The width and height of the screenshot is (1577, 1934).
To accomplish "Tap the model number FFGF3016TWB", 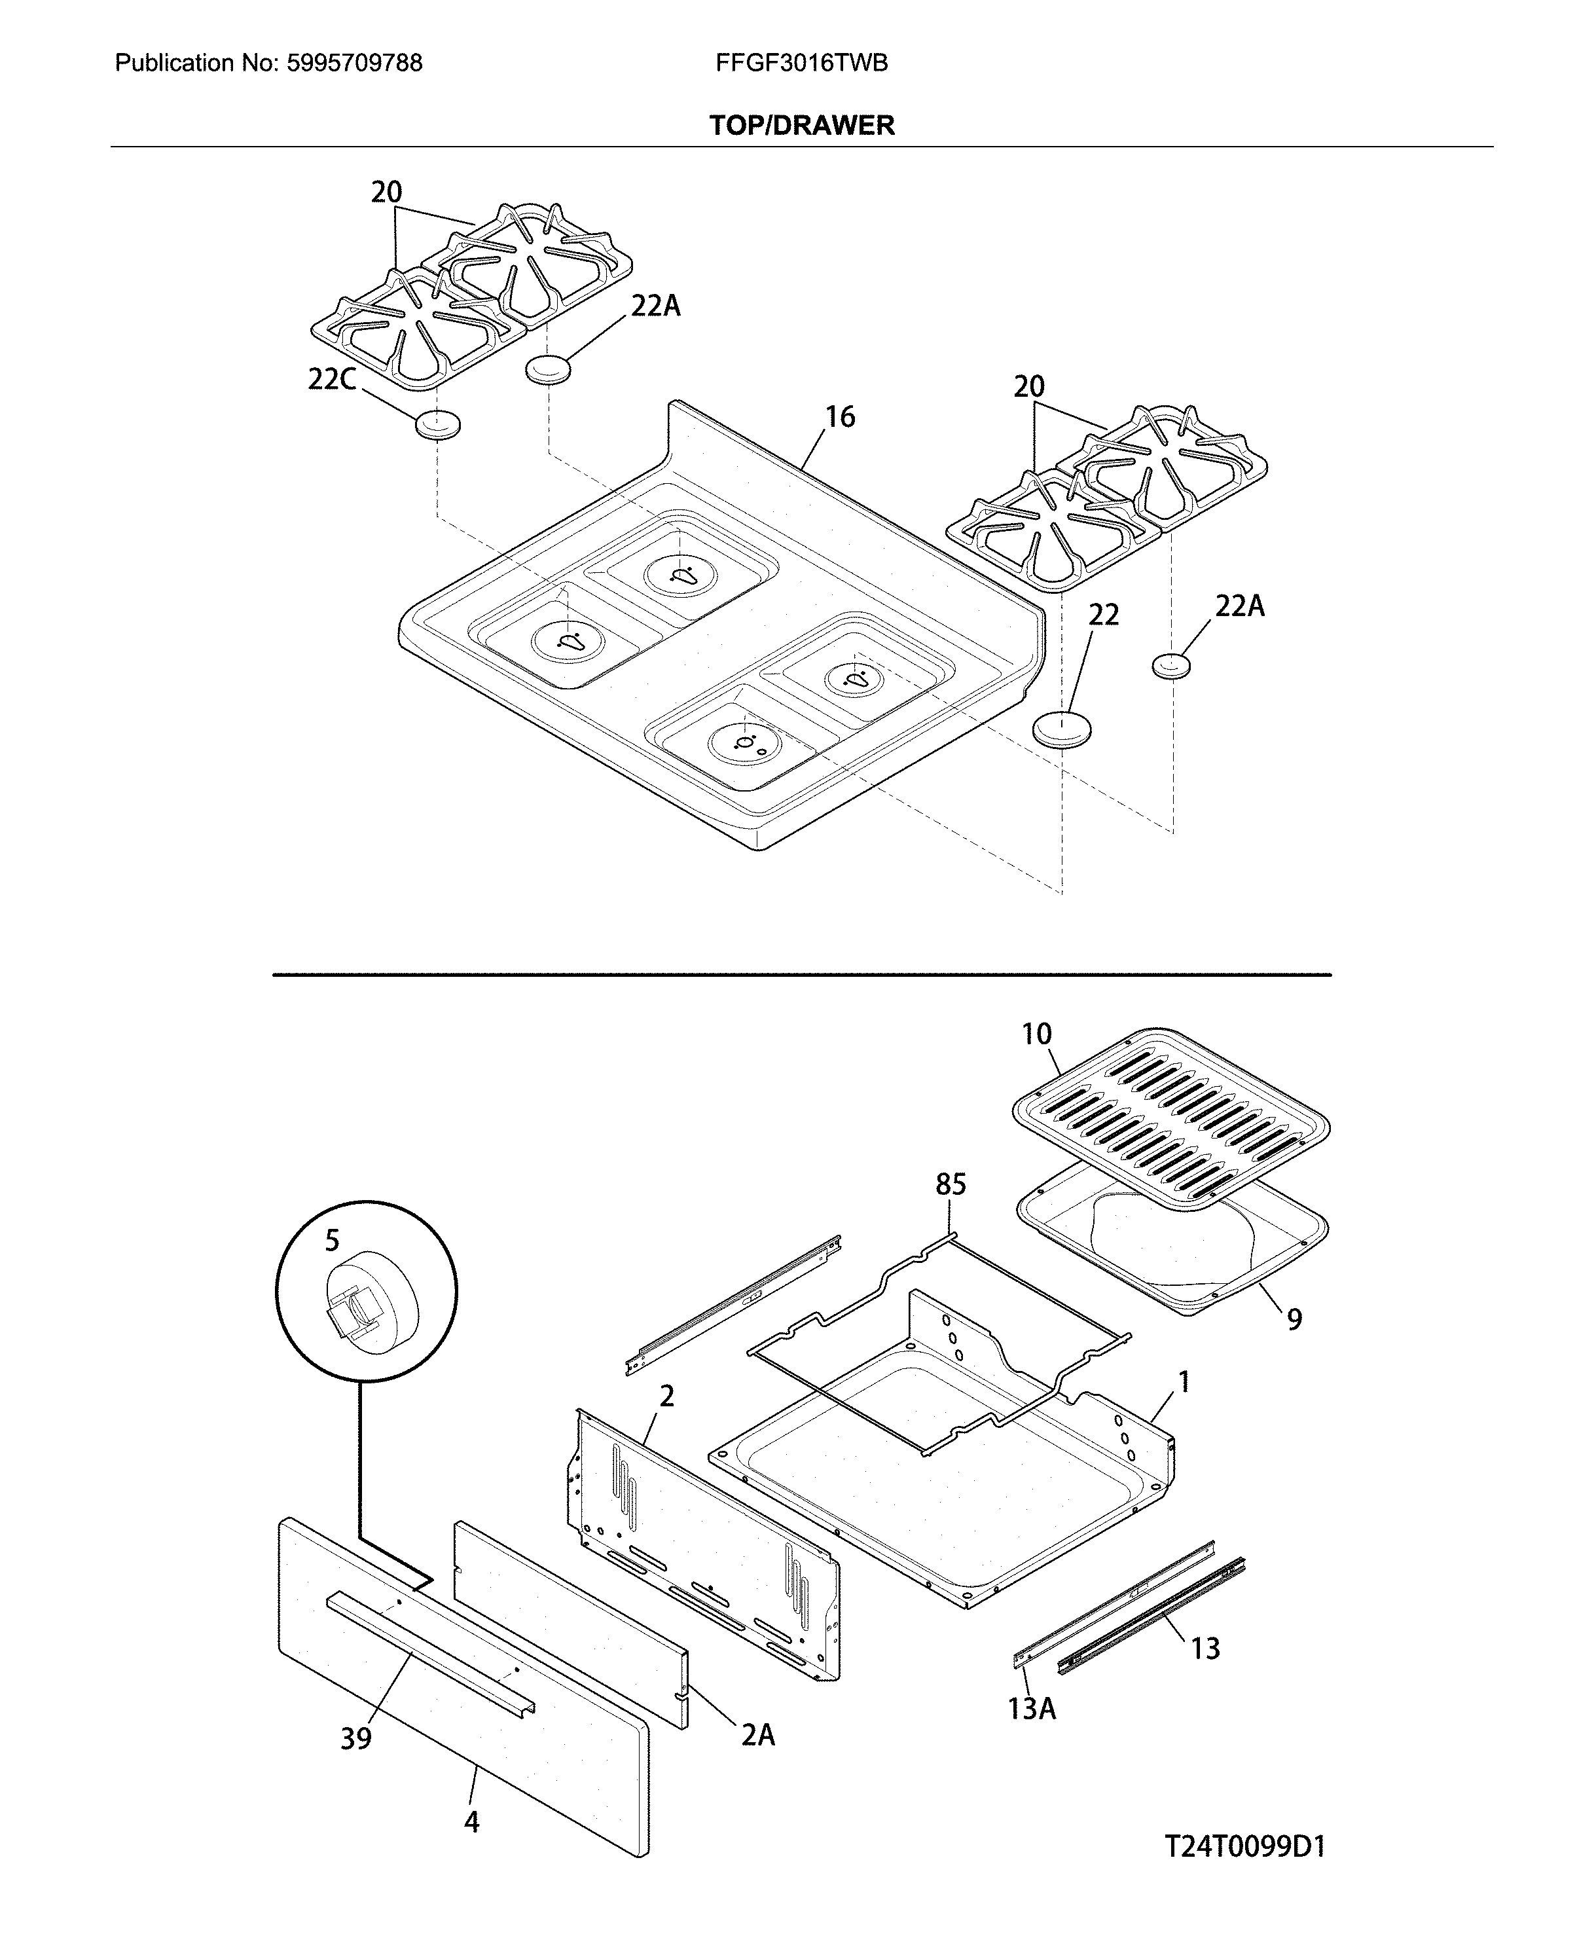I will (801, 63).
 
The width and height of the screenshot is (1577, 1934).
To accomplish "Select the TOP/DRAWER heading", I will (801, 125).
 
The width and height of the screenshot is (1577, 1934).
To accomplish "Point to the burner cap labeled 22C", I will (437, 424).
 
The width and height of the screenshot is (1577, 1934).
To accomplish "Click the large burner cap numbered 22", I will (1061, 729).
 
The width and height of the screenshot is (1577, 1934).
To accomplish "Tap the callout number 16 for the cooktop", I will (839, 417).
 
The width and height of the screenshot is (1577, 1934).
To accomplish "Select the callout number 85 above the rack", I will (951, 1184).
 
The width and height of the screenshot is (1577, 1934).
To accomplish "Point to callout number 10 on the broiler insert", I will (1036, 1034).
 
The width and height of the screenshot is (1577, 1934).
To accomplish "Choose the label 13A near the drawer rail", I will (1032, 1709).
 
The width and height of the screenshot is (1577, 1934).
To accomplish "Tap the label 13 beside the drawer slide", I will (1205, 1648).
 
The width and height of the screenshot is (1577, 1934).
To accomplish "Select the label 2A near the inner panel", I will (757, 1736).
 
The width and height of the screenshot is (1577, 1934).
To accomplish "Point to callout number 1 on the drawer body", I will (1184, 1383).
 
